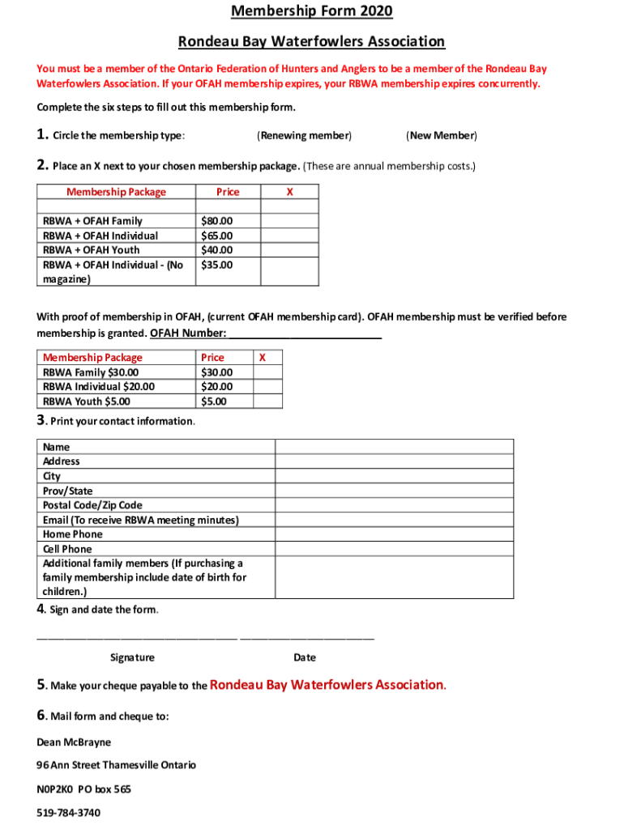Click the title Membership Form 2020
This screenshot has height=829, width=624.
pyautogui.click(x=311, y=11)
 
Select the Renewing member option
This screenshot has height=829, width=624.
pyautogui.click(x=304, y=135)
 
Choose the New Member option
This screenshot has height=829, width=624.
pyautogui.click(x=441, y=135)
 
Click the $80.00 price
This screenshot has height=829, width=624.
pyautogui.click(x=216, y=221)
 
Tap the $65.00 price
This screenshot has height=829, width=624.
pyautogui.click(x=216, y=236)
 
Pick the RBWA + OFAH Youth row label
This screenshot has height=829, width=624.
pyautogui.click(x=91, y=250)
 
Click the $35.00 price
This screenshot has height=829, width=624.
pyautogui.click(x=216, y=265)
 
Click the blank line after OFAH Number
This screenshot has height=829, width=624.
pyautogui.click(x=306, y=334)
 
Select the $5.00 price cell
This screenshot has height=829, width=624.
pyautogui.click(x=214, y=402)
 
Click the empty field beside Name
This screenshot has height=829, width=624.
pyautogui.click(x=394, y=447)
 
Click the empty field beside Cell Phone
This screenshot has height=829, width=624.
pyautogui.click(x=394, y=549)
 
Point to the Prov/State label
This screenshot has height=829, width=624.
pyautogui.click(x=67, y=491)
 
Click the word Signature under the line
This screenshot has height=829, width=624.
pyautogui.click(x=132, y=658)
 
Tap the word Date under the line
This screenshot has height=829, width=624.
pyautogui.click(x=305, y=658)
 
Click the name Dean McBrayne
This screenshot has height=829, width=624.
pyautogui.click(x=74, y=742)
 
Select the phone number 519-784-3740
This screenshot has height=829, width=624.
pyautogui.click(x=69, y=812)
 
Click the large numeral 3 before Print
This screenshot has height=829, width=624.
pyautogui.click(x=41, y=419)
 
